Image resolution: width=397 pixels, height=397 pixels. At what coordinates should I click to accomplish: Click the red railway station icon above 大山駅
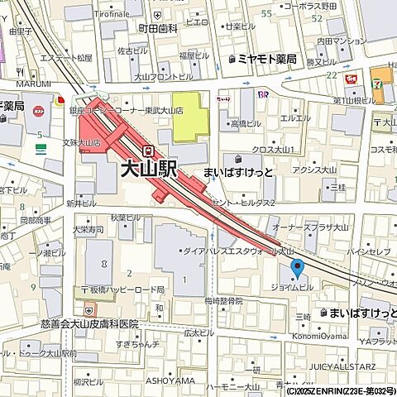coord(149,151)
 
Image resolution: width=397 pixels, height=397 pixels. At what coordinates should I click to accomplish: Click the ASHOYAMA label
coord(170,380)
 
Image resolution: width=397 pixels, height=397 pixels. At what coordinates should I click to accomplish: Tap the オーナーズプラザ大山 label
coord(306,225)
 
